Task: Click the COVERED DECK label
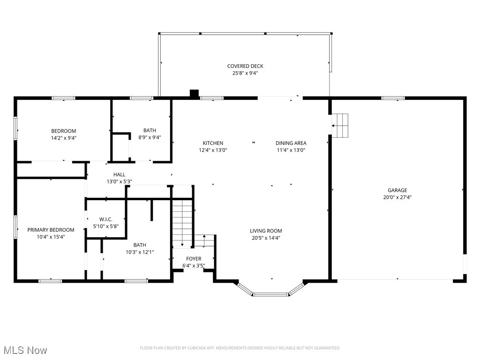[245, 66]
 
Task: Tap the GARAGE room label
[397, 190]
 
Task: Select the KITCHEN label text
[213, 143]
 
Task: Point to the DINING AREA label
[291, 143]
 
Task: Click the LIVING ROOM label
[266, 231]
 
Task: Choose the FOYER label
[194, 259]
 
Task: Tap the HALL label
[119, 174]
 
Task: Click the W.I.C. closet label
[105, 219]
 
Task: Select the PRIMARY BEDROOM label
[51, 230]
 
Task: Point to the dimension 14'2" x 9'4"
[64, 138]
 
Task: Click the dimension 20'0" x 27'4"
[397, 197]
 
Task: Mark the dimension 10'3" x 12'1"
[140, 252]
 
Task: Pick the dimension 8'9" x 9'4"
[150, 137]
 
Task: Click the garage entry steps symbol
[340, 126]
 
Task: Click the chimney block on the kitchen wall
[195, 93]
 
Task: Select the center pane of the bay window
[271, 294]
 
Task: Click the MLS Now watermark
[25, 350]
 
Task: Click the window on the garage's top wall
[393, 98]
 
